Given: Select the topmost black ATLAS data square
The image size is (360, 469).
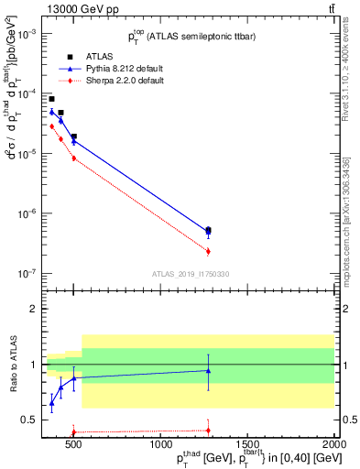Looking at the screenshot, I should click(x=51, y=99).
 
